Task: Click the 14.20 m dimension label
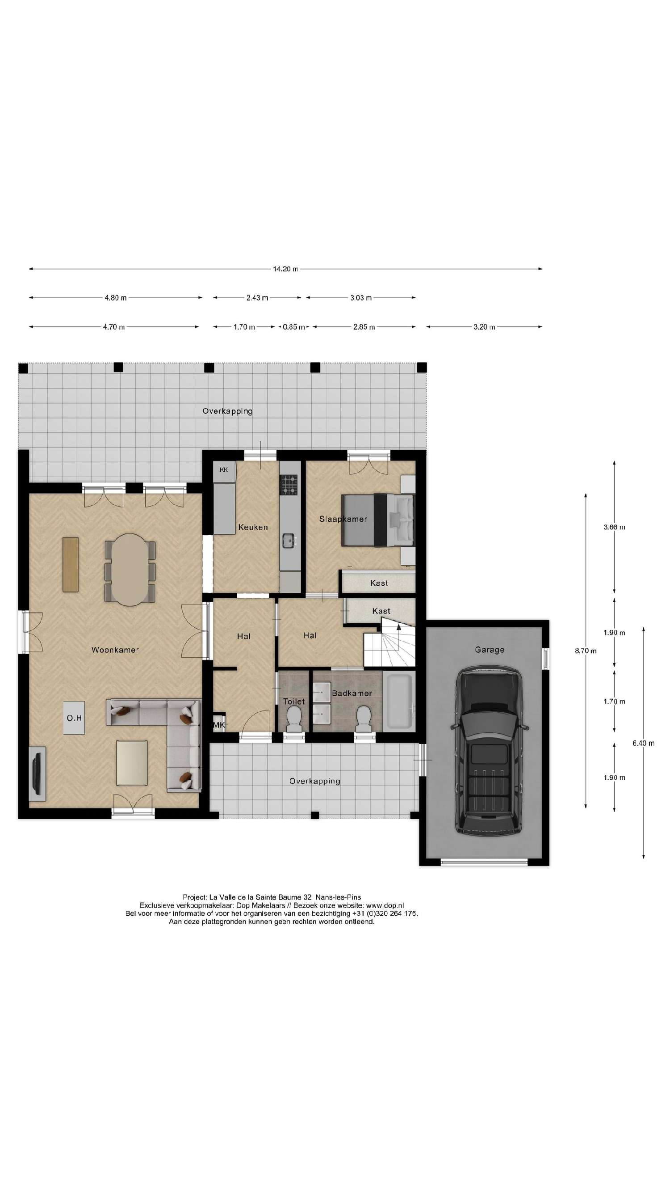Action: point(285,269)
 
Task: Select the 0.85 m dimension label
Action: point(293,327)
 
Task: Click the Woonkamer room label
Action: point(115,650)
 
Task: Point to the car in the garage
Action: point(489,750)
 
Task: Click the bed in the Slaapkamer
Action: point(377,520)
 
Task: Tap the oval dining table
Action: point(130,570)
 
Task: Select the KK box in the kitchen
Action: point(224,470)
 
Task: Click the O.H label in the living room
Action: point(74,718)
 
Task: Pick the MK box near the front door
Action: point(218,725)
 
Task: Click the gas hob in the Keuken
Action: point(289,485)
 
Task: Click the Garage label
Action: point(489,650)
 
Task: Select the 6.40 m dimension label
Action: point(643,743)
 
